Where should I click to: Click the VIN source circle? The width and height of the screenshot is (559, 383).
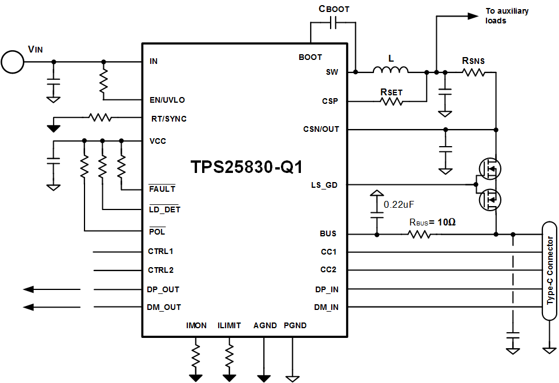tap(12, 62)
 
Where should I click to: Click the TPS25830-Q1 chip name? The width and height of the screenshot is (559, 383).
tap(246, 167)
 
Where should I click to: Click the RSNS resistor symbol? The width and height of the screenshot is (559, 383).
tap(473, 72)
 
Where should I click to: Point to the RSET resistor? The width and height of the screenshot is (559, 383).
tap(392, 102)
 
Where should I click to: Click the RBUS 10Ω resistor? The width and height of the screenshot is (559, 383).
tap(420, 234)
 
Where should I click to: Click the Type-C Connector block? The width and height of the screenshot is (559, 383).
tap(550, 271)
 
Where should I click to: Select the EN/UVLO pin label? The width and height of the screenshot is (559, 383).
tap(167, 100)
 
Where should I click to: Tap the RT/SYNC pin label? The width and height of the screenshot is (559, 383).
tap(168, 119)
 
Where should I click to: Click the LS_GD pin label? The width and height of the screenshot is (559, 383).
tap(324, 185)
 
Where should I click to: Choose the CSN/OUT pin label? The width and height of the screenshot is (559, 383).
tap(321, 129)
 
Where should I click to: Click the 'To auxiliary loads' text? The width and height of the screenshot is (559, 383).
tap(506, 15)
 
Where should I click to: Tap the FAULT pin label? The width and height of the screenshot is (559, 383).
tap(162, 188)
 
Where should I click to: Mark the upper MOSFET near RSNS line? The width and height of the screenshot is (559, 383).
tap(490, 168)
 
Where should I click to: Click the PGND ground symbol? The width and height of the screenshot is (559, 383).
tap(292, 377)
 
